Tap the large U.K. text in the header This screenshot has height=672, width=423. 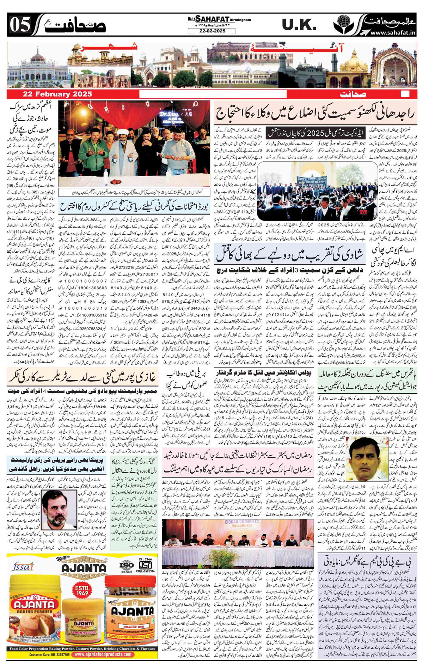299,25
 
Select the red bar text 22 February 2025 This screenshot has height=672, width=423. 57,94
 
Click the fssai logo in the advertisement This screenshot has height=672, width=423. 23,566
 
